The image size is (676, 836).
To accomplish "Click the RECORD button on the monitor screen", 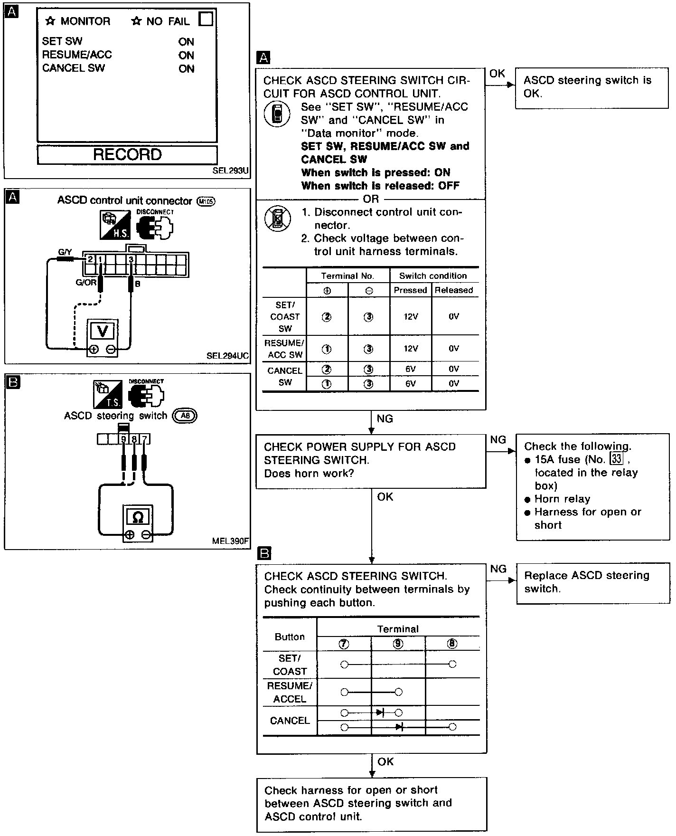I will pyautogui.click(x=127, y=155).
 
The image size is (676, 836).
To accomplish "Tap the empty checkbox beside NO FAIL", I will pyautogui.click(x=206, y=19).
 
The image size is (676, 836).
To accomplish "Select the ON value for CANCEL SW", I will pyautogui.click(x=187, y=69).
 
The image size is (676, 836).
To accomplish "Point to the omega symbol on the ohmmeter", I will pyautogui.click(x=138, y=517).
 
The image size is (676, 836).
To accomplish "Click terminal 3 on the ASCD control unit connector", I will pyautogui.click(x=131, y=259).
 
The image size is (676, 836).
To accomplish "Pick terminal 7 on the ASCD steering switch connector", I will pyautogui.click(x=145, y=439).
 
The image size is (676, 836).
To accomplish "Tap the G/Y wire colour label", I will pyautogui.click(x=65, y=253).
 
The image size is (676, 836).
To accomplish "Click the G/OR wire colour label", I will pyautogui.click(x=86, y=283).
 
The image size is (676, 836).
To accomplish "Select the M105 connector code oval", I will pyautogui.click(x=206, y=201).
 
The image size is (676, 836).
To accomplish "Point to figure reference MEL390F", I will pyautogui.click(x=231, y=541).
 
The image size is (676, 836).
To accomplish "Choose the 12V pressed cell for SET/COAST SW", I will pyautogui.click(x=411, y=316).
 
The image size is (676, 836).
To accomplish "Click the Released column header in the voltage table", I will pyautogui.click(x=454, y=290).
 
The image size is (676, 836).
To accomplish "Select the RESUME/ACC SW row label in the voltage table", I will pyautogui.click(x=285, y=349).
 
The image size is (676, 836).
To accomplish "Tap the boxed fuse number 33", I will pyautogui.click(x=616, y=459).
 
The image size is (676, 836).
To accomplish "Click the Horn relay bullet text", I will pyautogui.click(x=562, y=499).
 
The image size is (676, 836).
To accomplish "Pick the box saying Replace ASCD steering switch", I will pyautogui.click(x=592, y=582).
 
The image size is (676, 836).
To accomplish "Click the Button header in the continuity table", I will pyautogui.click(x=290, y=637).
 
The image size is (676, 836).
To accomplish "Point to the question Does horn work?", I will pyautogui.click(x=309, y=474).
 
